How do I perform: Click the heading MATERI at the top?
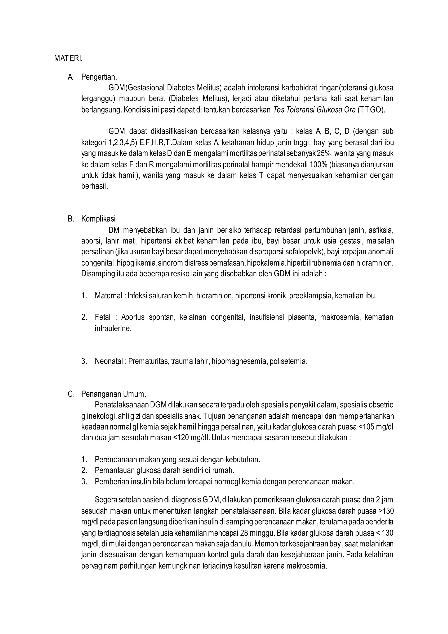[68, 59]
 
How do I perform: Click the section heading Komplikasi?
[98, 219]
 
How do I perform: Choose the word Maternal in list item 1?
[108, 296]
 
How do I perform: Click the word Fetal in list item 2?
[103, 317]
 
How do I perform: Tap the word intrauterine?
[113, 329]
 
